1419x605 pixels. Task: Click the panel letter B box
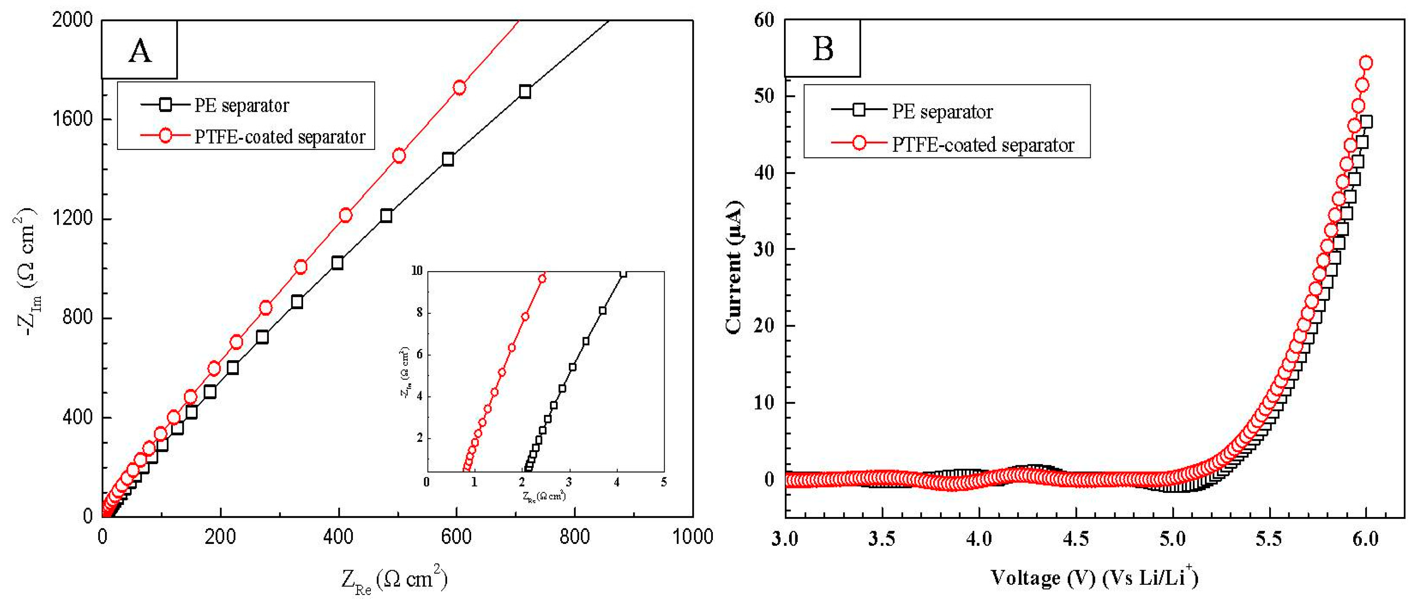pyautogui.click(x=823, y=49)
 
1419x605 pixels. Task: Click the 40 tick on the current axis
pyautogui.click(x=764, y=172)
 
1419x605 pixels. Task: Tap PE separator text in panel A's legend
pyautogui.click(x=241, y=105)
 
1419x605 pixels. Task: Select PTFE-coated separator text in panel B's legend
pyautogui.click(x=983, y=145)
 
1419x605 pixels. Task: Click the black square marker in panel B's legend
pyautogui.click(x=858, y=110)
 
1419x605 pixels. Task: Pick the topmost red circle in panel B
pyautogui.click(x=1366, y=63)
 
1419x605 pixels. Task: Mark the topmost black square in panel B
pyautogui.click(x=1366, y=122)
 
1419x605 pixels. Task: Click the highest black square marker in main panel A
pyautogui.click(x=525, y=91)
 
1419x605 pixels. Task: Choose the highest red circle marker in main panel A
pyautogui.click(x=459, y=88)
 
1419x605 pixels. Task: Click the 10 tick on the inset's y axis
pyautogui.click(x=417, y=271)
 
